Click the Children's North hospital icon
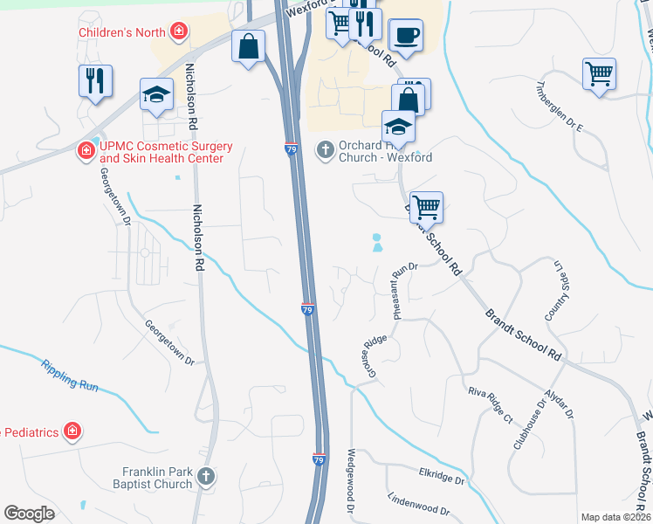[x=179, y=32]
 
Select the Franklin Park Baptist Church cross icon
[x=206, y=476]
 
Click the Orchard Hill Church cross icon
[x=325, y=149]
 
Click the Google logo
[x=30, y=514]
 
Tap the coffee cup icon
[x=406, y=37]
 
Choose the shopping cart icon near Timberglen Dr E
[x=600, y=73]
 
